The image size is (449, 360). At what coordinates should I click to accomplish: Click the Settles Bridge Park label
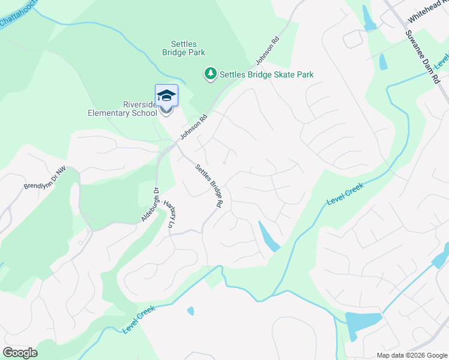[188, 48]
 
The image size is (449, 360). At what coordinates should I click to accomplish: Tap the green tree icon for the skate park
[210, 74]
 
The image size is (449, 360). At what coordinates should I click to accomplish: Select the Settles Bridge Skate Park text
[267, 74]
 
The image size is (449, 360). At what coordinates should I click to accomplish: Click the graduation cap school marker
[166, 97]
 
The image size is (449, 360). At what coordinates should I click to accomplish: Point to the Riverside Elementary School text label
[122, 109]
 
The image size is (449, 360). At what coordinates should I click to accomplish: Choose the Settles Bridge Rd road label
[208, 187]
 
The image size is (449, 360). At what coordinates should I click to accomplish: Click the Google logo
[20, 353]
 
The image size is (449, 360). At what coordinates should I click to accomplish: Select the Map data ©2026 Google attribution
[411, 355]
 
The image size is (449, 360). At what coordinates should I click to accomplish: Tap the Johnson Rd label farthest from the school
[267, 52]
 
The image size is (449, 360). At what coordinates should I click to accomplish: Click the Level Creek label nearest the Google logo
[139, 319]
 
